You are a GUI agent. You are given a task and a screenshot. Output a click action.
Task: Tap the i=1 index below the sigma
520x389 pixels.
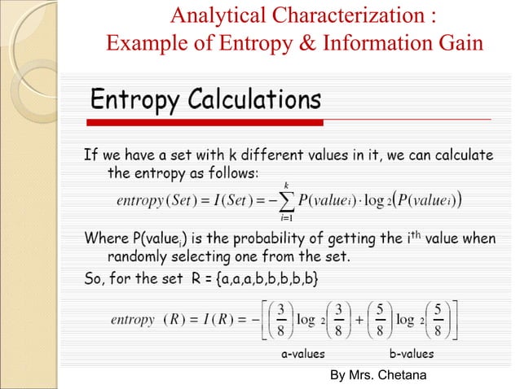286,217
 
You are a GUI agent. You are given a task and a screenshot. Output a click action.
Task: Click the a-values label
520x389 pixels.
303,354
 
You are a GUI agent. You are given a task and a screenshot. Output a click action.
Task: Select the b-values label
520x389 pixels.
412,354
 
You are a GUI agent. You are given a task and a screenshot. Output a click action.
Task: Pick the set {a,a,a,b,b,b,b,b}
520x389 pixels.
270,280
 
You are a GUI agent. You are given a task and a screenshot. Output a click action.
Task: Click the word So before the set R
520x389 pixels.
94,280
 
